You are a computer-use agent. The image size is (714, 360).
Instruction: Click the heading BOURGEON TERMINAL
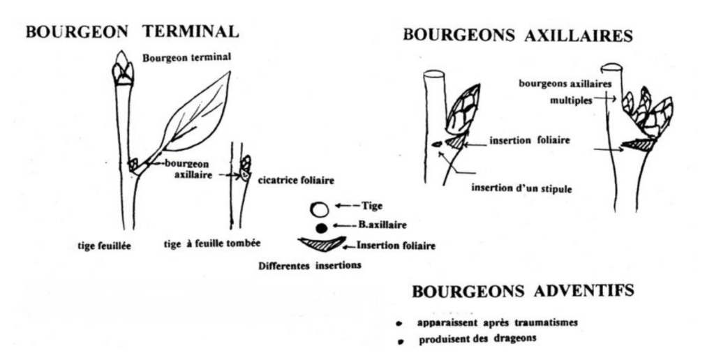(132, 32)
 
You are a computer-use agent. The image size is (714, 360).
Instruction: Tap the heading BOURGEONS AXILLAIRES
(518, 35)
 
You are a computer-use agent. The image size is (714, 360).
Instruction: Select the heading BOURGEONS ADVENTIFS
(523, 291)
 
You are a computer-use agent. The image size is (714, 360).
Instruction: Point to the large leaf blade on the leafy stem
(197, 114)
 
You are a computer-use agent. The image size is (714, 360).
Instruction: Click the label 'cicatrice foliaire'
(296, 181)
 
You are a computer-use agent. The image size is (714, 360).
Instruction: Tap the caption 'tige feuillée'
(104, 246)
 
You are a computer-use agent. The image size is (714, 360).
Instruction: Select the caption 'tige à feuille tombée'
(212, 244)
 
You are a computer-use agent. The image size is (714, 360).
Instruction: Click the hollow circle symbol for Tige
(320, 210)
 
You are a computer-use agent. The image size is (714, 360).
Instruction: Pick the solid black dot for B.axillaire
(322, 228)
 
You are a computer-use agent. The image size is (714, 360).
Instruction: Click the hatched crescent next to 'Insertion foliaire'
(321, 244)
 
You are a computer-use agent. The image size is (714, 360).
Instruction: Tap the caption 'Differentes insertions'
(310, 265)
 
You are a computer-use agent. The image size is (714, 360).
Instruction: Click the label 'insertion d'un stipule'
(521, 188)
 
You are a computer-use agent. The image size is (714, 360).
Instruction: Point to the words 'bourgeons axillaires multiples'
(565, 92)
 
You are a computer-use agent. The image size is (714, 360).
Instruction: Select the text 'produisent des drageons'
(477, 339)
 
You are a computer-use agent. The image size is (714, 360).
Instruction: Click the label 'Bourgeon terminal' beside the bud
(186, 58)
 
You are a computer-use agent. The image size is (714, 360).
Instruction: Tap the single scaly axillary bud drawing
(462, 110)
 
